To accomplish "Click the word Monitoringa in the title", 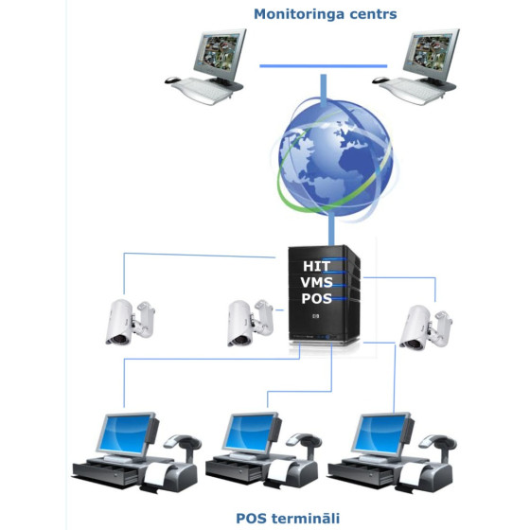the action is [299, 14].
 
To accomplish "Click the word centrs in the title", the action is [373, 14].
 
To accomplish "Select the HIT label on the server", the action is [316, 266].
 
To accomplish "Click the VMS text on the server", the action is [316, 282].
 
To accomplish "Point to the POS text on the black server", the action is [316, 298].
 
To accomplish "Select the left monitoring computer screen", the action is [219, 52].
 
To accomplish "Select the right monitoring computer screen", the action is [431, 52].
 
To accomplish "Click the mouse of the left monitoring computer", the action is [172, 80].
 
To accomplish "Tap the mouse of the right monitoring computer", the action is [380, 80].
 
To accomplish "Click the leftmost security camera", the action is [130, 322].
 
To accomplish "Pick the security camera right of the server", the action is [426, 327].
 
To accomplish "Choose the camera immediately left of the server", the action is [250, 323].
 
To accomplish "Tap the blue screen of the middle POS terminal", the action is [250, 433].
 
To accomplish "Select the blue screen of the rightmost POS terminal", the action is [380, 433].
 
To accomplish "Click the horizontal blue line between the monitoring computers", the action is [324, 66].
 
